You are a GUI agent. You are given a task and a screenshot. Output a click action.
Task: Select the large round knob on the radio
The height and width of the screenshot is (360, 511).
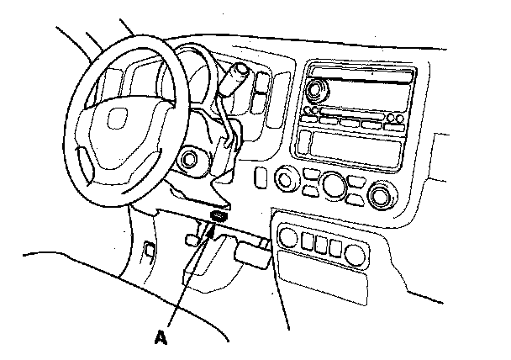(x=319, y=87)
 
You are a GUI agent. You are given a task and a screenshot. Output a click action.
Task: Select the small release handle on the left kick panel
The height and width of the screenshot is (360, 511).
(x=148, y=249)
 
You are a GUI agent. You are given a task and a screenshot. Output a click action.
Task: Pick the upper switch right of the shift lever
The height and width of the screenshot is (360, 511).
(x=261, y=82)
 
